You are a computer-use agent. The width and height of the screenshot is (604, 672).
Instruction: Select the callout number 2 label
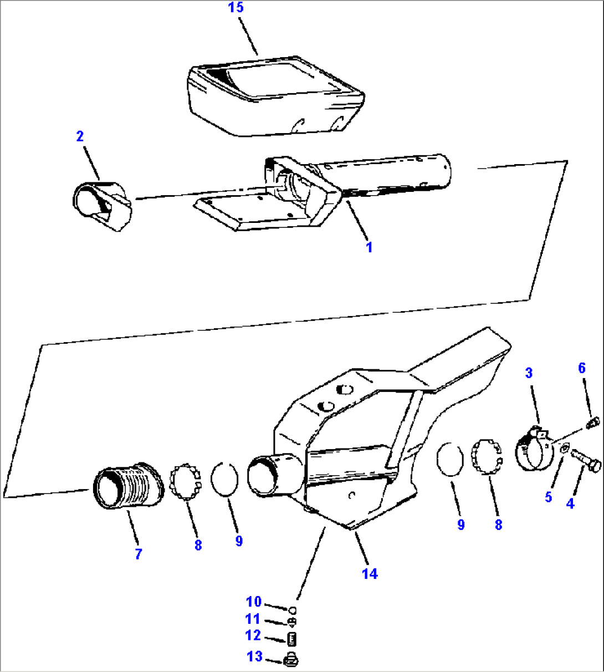[x=80, y=136]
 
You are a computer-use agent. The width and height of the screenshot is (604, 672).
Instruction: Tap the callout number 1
[x=369, y=247]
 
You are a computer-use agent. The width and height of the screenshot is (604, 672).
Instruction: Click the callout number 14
[x=370, y=574]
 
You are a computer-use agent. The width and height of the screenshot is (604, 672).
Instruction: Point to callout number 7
[x=139, y=553]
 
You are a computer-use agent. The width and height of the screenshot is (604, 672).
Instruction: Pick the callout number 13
[x=254, y=656]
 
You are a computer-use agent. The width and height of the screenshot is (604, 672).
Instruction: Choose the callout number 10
[x=253, y=602]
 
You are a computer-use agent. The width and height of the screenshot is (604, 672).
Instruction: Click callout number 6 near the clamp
[x=582, y=368]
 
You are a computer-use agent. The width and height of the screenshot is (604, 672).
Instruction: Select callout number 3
[x=529, y=373]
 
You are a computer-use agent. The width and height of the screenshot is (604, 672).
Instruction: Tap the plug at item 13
[x=290, y=660]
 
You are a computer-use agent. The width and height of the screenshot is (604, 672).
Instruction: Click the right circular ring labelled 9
[x=449, y=459]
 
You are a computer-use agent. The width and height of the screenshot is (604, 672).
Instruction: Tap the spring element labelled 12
[x=291, y=639]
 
